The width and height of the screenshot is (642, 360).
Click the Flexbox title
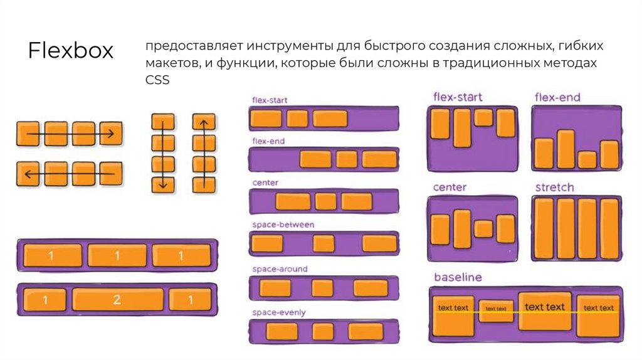point(70,51)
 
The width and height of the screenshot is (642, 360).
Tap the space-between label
point(283,225)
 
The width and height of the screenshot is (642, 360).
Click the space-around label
point(280,269)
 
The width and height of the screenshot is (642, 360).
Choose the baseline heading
point(458,277)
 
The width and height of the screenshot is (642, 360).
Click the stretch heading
point(554,188)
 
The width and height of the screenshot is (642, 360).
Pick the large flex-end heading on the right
point(557,97)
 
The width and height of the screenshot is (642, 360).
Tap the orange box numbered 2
point(117,300)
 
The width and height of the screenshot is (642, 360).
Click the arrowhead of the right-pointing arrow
point(111,134)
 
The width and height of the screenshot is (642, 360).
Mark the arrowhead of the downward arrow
point(163,185)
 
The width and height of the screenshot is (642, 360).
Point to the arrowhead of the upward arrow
point(203,122)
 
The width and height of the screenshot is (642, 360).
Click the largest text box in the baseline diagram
point(544,310)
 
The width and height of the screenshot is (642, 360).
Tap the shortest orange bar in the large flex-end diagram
point(587,159)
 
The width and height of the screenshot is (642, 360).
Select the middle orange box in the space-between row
point(324,243)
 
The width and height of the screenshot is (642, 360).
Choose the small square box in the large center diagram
point(483,228)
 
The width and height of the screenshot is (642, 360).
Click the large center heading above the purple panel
point(450,188)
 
